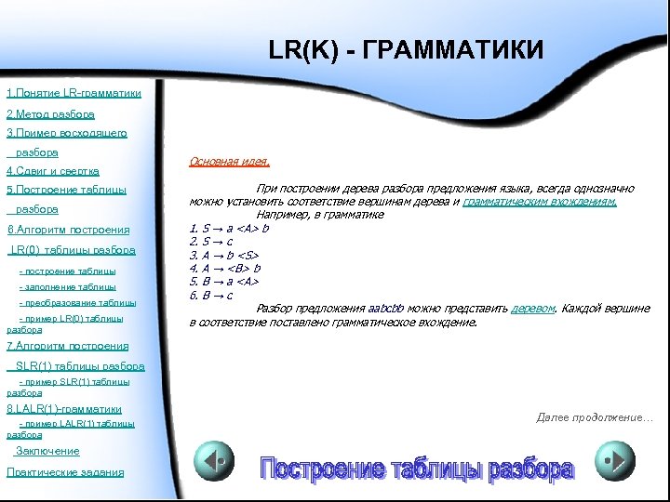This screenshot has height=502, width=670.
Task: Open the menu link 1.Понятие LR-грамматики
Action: click(x=74, y=94)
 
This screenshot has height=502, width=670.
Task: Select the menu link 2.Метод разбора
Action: click(x=50, y=114)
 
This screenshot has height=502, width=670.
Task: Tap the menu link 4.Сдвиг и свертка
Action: click(x=53, y=172)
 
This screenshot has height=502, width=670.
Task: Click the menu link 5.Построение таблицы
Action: click(x=66, y=191)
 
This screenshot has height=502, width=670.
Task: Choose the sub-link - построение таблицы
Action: click(x=68, y=271)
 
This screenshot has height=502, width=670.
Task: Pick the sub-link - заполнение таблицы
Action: click(x=68, y=287)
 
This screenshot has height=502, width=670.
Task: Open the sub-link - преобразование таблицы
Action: click(x=77, y=303)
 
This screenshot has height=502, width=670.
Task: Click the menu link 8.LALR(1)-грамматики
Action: click(x=64, y=409)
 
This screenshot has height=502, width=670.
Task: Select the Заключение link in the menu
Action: click(x=47, y=452)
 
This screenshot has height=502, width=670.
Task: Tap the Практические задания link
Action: click(x=64, y=472)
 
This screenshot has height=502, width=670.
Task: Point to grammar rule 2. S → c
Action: click(x=213, y=241)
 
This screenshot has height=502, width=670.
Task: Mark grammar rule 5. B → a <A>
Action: click(x=223, y=282)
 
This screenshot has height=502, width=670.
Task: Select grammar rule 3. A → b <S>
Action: click(x=223, y=255)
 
